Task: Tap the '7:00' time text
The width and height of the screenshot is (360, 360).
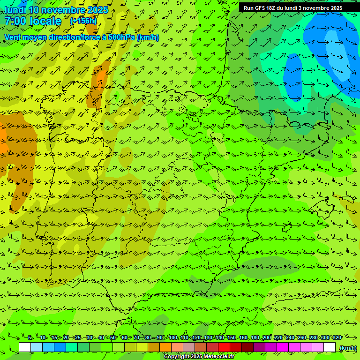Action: pyautogui.click(x=15, y=21)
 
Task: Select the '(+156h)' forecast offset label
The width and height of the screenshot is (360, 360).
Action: pyautogui.click(x=83, y=21)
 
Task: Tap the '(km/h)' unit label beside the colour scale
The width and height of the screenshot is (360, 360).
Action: pyautogui.click(x=347, y=347)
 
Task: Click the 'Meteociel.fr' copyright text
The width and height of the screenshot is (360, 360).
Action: pyautogui.click(x=213, y=357)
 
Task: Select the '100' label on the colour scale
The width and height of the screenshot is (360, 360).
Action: pyautogui.click(x=173, y=337)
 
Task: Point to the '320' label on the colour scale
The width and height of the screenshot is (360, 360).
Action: pyautogui.click(x=337, y=337)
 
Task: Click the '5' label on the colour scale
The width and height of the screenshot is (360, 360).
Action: pyautogui.click(x=30, y=337)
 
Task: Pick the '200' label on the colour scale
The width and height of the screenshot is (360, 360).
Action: pyautogui.click(x=267, y=337)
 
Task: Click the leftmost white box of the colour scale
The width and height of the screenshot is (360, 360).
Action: pyautogui.click(x=25, y=347)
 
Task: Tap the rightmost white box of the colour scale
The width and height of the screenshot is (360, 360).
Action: pyautogui.click(x=330, y=347)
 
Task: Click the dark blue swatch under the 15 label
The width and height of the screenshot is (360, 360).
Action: pyautogui.click(x=60, y=347)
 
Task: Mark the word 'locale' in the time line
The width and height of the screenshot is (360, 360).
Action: pyautogui.click(x=45, y=21)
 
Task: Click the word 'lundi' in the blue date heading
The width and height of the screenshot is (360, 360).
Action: pyautogui.click(x=15, y=10)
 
